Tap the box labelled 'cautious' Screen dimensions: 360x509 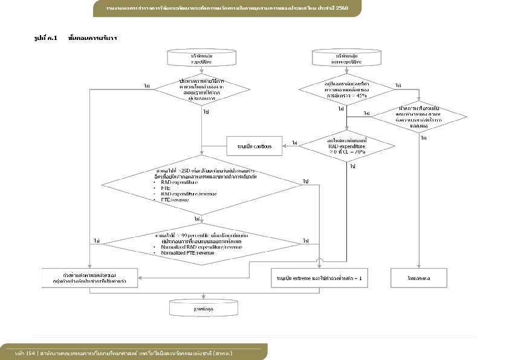pyautogui.click(x=254, y=146)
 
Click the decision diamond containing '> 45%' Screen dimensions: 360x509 pyautogui.click(x=346, y=90)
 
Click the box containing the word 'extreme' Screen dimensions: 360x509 pyautogui.click(x=319, y=278)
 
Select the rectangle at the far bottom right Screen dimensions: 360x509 pyautogui.click(x=418, y=278)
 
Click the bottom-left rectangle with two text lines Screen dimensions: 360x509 pyautogui.click(x=90, y=278)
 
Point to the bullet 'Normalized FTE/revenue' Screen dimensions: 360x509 pyautogui.click(x=187, y=253)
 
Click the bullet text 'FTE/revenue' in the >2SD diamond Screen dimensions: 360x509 pyautogui.click(x=175, y=199)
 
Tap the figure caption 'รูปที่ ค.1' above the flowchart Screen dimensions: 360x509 pyautogui.click(x=45, y=38)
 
